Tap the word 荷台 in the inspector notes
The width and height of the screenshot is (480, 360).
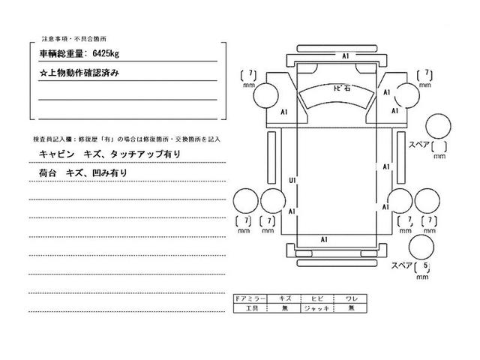point(46,172)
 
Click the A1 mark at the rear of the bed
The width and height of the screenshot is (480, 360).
point(324,238)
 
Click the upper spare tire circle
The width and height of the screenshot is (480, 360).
point(437,127)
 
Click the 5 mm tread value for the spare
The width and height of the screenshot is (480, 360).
point(426,267)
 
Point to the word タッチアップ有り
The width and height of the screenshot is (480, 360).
point(145,154)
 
